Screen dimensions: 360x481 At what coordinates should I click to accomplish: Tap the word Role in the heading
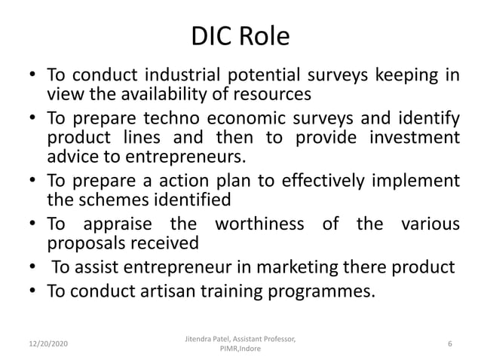(266, 36)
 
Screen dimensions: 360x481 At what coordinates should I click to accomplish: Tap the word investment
(412, 139)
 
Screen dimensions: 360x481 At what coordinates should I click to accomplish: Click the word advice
(71, 157)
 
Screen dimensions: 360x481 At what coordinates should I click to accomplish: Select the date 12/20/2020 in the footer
(44, 343)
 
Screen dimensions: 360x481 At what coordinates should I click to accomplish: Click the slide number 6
(449, 343)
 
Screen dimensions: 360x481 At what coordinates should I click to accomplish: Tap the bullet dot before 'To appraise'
(33, 224)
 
